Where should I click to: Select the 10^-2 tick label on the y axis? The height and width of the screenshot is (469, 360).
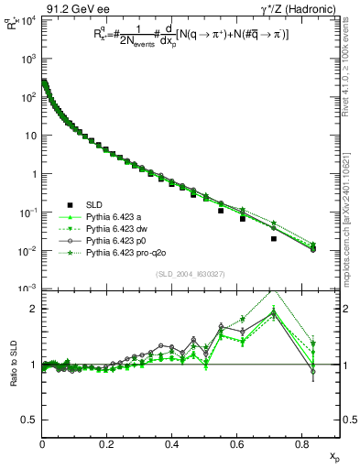click(x=27, y=251)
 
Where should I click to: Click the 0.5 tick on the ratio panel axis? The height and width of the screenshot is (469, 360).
click(x=32, y=420)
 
